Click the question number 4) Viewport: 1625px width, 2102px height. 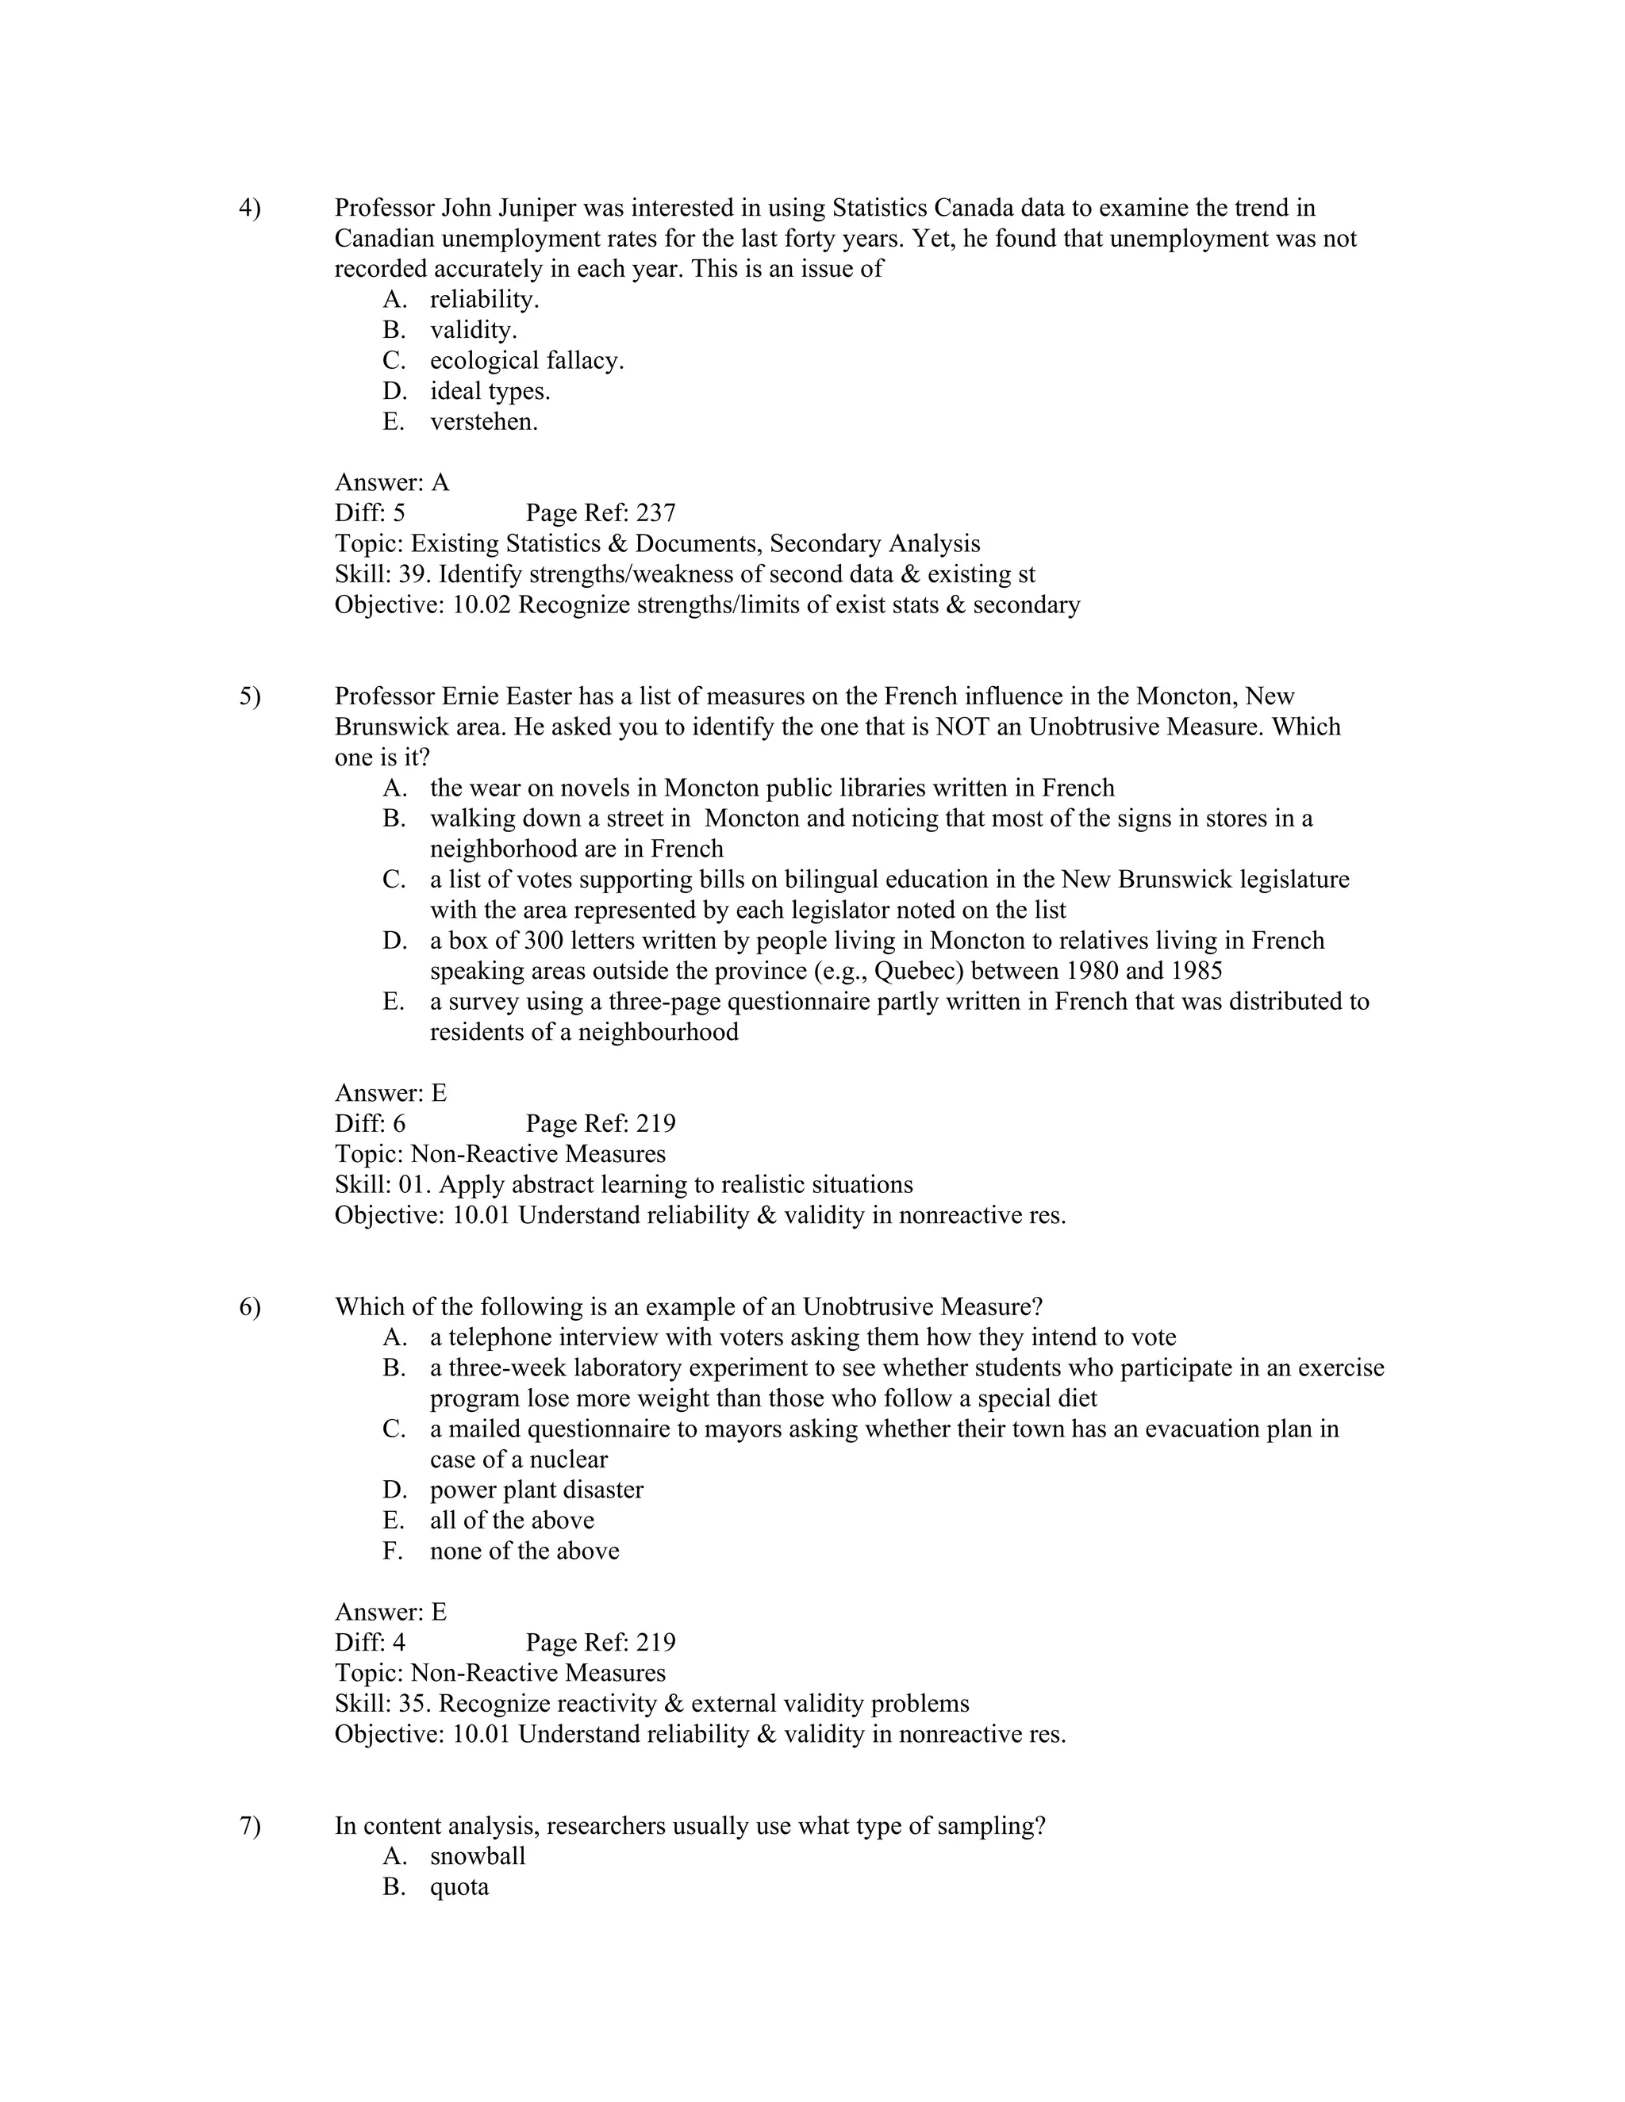[249, 208]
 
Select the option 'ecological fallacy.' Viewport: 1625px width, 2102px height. [527, 361]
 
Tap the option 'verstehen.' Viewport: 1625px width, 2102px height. [483, 421]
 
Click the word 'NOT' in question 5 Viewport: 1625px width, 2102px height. [962, 727]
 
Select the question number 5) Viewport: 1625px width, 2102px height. [249, 696]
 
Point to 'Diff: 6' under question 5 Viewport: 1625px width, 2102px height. [370, 1124]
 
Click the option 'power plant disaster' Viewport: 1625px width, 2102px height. [536, 1490]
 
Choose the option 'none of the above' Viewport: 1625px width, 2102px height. [524, 1551]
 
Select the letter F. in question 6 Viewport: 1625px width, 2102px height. [393, 1551]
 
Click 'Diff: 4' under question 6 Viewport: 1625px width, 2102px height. [370, 1643]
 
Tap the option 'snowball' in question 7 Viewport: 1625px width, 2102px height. [478, 1857]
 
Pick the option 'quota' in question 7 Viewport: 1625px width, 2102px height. [459, 1887]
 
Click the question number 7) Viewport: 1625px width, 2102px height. [249, 1826]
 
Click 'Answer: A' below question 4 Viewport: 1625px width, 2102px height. [392, 482]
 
